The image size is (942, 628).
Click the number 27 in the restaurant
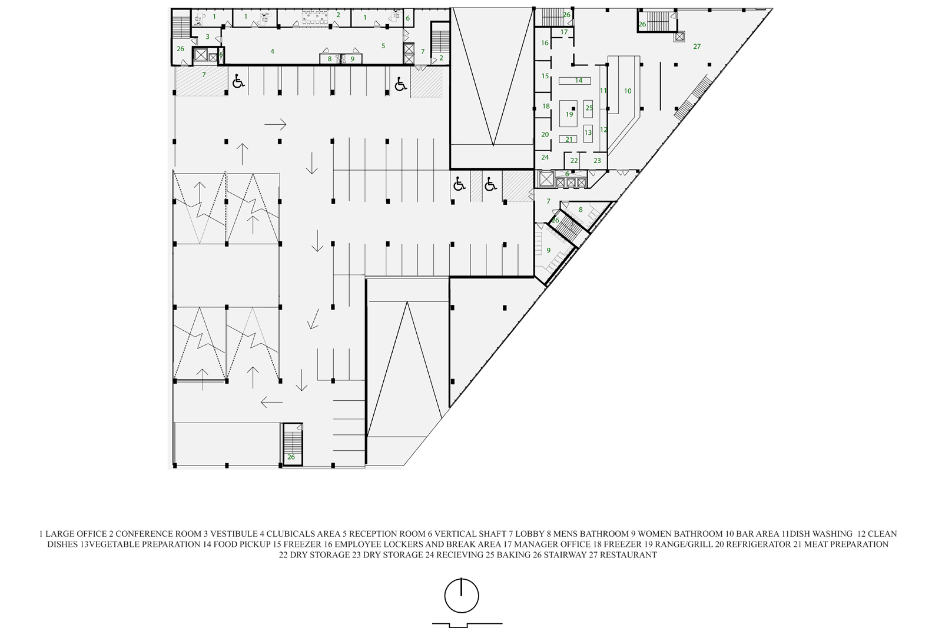(697, 46)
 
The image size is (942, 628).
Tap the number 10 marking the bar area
(628, 91)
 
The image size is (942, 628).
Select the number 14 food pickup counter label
(579, 80)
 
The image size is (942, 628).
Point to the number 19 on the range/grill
(569, 114)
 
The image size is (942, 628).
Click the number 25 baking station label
(589, 108)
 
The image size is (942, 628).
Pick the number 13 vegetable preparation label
(588, 133)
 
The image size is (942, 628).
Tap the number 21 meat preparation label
(569, 139)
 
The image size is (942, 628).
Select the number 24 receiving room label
(545, 157)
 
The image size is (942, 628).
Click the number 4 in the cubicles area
(272, 51)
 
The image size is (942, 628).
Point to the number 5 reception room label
(383, 46)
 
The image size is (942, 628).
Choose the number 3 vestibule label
(207, 37)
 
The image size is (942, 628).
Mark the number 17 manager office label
(564, 32)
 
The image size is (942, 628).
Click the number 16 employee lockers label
(545, 43)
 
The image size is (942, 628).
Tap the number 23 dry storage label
(597, 161)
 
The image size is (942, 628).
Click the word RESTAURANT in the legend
(628, 555)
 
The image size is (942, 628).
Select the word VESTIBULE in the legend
(234, 534)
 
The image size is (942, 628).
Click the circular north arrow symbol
(462, 596)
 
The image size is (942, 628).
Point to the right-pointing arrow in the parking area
(276, 124)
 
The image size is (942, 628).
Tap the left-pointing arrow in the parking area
(271, 402)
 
